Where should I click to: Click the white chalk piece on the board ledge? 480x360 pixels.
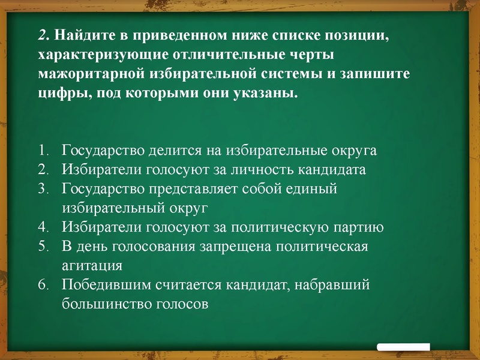tap(403, 347)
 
